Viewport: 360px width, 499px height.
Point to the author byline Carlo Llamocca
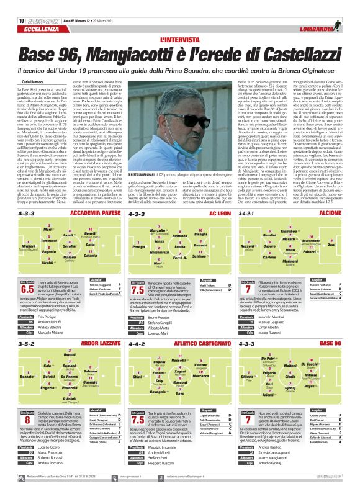34,81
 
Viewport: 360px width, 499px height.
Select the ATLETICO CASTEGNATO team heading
199,343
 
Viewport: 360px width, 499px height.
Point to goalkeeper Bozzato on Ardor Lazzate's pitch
26,377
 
